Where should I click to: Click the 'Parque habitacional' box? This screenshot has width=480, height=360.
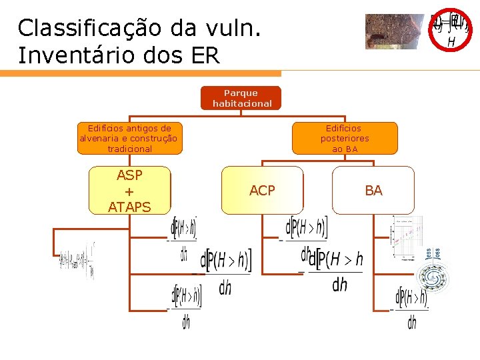[241, 98]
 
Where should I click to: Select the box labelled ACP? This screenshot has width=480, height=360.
[262, 191]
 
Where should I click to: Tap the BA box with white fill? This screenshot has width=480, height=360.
[373, 191]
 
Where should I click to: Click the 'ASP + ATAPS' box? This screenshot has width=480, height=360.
[129, 191]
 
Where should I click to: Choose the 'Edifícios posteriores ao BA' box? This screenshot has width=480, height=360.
[345, 138]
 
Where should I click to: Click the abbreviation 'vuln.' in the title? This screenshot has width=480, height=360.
[235, 28]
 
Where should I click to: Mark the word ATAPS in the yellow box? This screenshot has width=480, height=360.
[129, 207]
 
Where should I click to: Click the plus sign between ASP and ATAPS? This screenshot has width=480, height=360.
[129, 191]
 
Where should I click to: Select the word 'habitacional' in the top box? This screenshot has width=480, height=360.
[242, 103]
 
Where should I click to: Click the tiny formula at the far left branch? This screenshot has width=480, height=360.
[76, 262]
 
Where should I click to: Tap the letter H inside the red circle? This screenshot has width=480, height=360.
[451, 42]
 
